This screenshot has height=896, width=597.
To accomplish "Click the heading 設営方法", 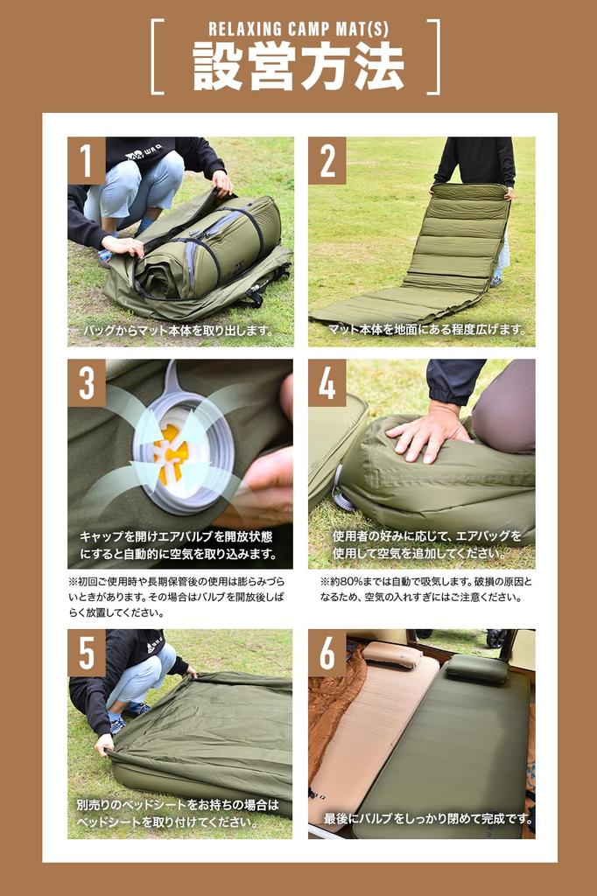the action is point(298,66).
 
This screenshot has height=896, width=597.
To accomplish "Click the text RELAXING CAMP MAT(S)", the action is point(298,29).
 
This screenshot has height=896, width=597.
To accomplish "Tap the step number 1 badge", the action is point(87,161).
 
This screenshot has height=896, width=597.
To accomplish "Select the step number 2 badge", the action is point(327,161).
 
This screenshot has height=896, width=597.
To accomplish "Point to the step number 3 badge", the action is point(87,383).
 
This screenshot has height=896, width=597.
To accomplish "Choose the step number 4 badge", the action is point(327,383).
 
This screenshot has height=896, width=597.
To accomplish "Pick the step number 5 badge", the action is point(87,653).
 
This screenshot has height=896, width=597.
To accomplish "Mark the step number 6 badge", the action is point(327,653).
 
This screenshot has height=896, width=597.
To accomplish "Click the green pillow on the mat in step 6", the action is point(477,668).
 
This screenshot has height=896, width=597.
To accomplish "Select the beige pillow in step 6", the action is point(391,654).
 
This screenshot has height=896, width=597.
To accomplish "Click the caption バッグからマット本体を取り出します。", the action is point(179,330).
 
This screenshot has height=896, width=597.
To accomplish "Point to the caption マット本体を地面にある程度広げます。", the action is point(427,329).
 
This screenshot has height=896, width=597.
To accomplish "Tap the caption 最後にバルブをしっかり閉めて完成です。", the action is point(429,818).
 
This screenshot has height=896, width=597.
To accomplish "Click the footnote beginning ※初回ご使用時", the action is point(176,597).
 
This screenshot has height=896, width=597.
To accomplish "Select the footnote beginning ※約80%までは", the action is point(426,590).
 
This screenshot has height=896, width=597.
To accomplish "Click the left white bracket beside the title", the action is point(158,57).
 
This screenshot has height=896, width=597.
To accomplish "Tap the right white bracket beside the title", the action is point(434,57).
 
